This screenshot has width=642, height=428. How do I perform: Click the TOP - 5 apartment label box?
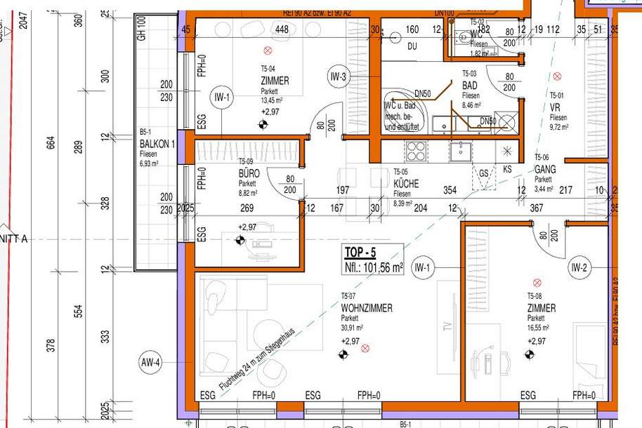coord(373,259)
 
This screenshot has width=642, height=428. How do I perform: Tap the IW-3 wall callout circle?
coord(338,77)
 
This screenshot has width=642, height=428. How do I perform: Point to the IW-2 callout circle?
coord(579,267)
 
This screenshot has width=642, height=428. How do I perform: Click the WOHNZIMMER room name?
coord(367,308)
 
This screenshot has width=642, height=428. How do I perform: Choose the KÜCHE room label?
coord(406,183)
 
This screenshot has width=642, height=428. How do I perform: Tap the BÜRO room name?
coord(249,173)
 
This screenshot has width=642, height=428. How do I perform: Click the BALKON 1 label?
coord(157,144)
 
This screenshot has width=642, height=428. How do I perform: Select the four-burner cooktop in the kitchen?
coord(416,151)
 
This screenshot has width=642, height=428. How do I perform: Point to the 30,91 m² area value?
coord(352,327)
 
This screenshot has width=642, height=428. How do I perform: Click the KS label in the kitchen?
coord(508,170)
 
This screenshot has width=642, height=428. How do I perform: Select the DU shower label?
coord(412,46)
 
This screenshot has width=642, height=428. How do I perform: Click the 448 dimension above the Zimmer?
coord(282,29)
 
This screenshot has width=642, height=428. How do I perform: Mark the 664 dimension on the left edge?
coord(50,143)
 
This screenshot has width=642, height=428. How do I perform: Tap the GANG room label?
coord(546,170)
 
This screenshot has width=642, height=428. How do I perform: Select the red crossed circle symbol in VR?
coord(557,76)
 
